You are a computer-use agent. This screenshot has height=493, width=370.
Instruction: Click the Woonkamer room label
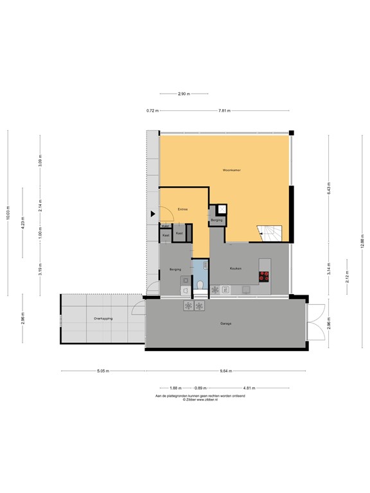(x=231, y=170)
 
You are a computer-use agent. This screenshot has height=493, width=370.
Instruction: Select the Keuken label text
(x=235, y=268)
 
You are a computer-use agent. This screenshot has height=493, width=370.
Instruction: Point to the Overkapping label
(x=103, y=318)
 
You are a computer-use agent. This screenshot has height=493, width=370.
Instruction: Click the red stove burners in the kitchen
(x=264, y=277)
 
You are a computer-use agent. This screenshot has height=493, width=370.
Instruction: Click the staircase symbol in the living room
(x=269, y=233)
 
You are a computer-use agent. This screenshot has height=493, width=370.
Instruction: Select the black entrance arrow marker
(x=153, y=214)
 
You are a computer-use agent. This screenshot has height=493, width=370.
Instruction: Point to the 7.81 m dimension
(x=224, y=111)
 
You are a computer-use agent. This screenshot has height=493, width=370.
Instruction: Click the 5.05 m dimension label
(x=103, y=371)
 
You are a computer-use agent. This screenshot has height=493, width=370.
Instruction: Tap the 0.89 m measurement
(x=200, y=388)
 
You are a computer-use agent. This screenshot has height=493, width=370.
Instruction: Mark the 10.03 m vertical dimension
(x=8, y=213)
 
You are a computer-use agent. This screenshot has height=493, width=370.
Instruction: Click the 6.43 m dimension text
(x=328, y=189)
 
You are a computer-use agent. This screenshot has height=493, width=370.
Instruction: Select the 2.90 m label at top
(x=183, y=94)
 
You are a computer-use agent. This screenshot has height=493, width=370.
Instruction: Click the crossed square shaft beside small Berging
(x=222, y=208)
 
